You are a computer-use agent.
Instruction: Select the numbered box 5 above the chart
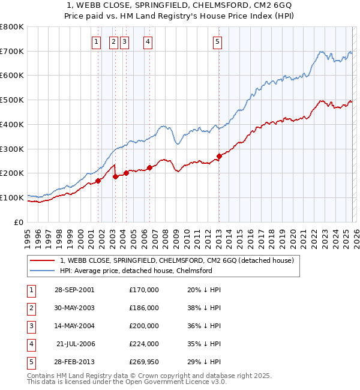217,41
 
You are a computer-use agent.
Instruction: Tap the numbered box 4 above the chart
147,41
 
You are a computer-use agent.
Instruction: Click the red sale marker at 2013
219,156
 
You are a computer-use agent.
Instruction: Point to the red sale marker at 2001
98,181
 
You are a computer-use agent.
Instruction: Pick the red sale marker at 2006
149,167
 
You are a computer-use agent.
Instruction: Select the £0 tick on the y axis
19,222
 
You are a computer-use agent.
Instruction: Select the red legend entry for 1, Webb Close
176,260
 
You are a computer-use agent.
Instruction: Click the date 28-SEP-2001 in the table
74,290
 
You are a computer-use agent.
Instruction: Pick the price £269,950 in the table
144,362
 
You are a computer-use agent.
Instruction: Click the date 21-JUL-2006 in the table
76,344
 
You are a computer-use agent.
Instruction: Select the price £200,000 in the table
144,326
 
